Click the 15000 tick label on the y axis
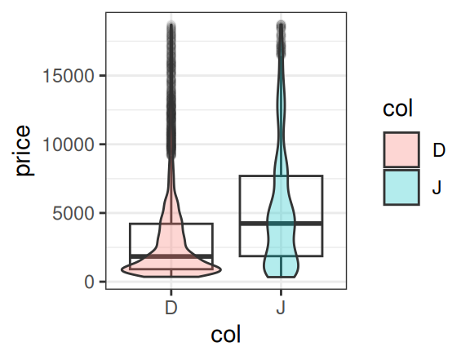click(69, 76)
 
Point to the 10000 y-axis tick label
click(69, 144)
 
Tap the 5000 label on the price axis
click(73, 214)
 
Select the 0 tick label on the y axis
click(89, 282)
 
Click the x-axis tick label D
click(171, 308)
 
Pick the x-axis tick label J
click(281, 308)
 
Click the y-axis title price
click(23, 150)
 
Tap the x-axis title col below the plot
click(226, 335)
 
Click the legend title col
click(397, 109)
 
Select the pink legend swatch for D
click(401, 149)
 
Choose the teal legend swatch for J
click(401, 187)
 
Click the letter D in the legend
click(439, 149)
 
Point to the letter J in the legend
click(437, 188)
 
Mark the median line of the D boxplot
click(171, 256)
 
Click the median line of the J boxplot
click(282, 224)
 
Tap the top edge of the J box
click(282, 176)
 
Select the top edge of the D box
click(171, 224)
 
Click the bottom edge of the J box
click(282, 256)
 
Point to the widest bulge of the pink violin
click(171, 269)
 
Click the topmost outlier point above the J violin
click(282, 24)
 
